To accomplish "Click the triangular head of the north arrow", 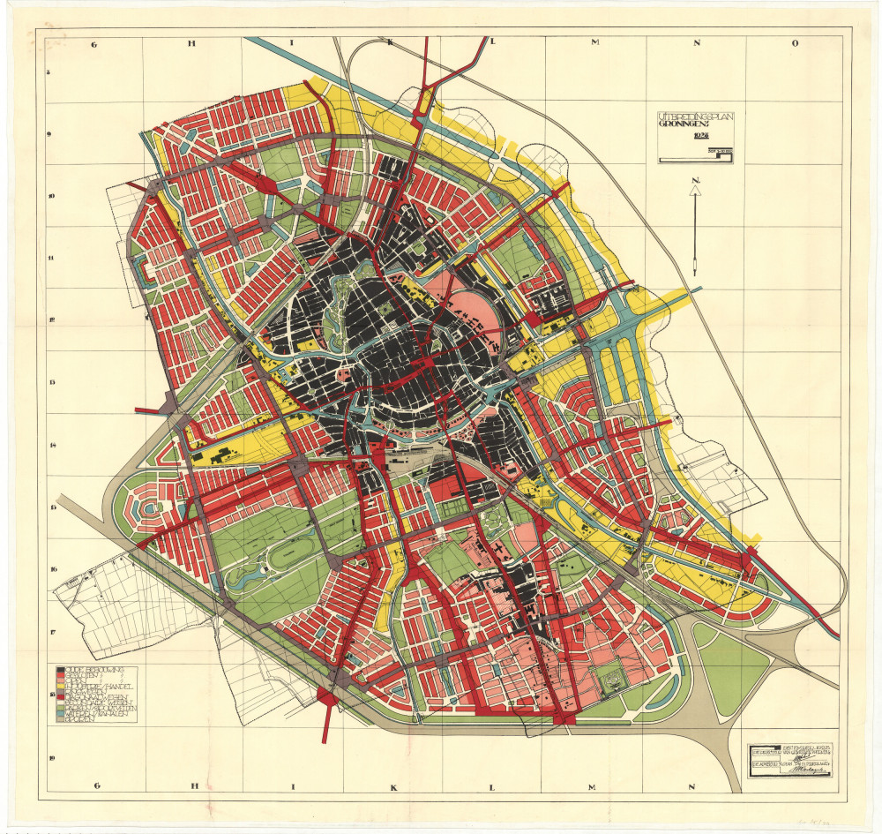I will point(696,196).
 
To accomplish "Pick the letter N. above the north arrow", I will point(697,182).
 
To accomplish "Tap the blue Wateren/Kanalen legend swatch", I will point(59,713).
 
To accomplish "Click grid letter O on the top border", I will point(794,42).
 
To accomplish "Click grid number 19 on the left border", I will point(51,757).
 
